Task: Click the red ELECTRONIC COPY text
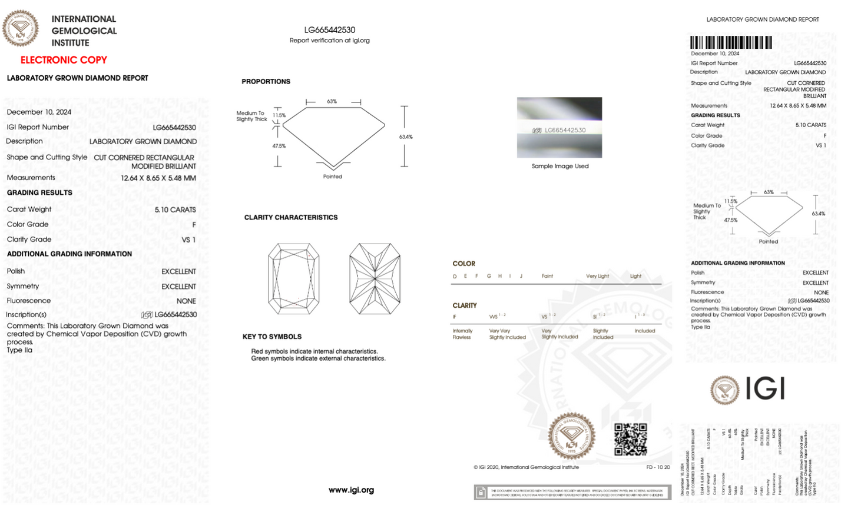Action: click(64, 60)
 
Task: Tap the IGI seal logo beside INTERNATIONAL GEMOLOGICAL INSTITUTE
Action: click(21, 28)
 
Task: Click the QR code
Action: click(630, 439)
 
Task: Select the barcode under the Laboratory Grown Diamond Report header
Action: click(731, 42)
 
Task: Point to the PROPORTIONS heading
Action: click(266, 82)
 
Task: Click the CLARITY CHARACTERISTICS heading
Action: click(291, 218)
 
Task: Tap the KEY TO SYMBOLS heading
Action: click(272, 337)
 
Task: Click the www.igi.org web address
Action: click(351, 490)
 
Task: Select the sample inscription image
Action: click(559, 128)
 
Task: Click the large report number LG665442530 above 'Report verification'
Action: click(330, 30)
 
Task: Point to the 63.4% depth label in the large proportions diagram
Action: click(406, 137)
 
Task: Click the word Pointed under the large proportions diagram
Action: click(333, 177)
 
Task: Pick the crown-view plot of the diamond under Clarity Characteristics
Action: click(294, 279)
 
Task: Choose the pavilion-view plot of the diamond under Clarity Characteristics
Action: click(375, 279)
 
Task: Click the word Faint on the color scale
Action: click(547, 276)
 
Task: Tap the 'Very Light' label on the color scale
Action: click(597, 276)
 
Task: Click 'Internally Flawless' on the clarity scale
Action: click(462, 334)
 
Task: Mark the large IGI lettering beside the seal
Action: click(765, 388)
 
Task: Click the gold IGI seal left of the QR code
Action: click(571, 436)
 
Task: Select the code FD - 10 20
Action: click(658, 467)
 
